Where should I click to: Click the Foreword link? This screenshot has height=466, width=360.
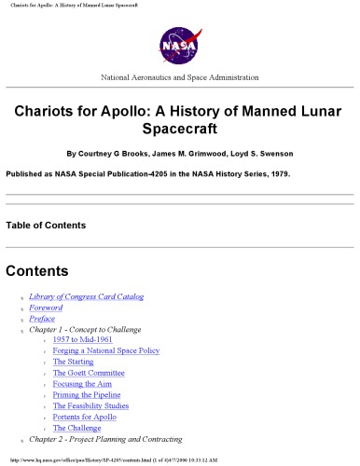point(47,308)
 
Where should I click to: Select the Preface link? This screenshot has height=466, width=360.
point(42,319)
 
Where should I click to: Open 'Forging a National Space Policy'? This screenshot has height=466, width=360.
point(106,351)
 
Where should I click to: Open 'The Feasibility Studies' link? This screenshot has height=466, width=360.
point(97,406)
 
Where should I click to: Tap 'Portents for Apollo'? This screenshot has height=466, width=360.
point(90,417)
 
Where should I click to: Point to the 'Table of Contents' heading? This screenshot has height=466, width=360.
point(46,226)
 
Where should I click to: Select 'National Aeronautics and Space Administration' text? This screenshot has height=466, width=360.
point(179,76)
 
